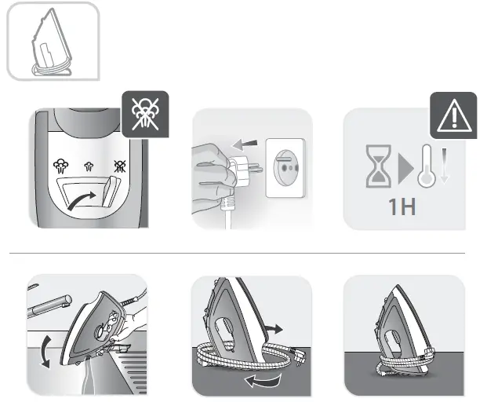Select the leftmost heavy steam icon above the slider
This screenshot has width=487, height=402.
[x=60, y=166]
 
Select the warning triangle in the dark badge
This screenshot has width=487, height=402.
[x=453, y=115]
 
